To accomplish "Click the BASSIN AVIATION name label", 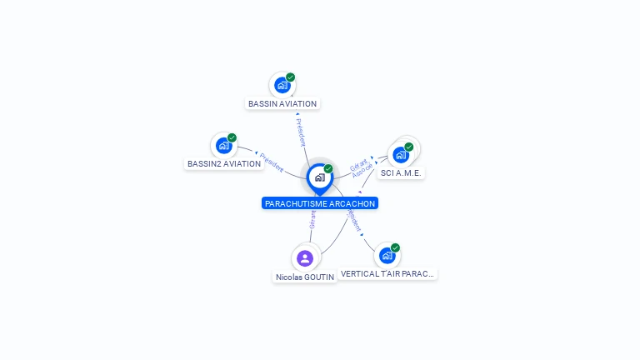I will [282, 104].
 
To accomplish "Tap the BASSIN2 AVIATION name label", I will [224, 164].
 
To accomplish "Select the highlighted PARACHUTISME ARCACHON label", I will [320, 203].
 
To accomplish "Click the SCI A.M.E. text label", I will [401, 173].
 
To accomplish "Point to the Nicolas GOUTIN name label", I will [305, 277].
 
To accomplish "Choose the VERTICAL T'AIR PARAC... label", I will [387, 273].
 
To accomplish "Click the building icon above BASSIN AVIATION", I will [282, 85].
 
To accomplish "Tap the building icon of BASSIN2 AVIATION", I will [223, 145].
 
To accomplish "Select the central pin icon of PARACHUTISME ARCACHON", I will [319, 177].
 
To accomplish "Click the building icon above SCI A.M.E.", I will [401, 155].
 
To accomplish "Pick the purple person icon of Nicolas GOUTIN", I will [305, 258].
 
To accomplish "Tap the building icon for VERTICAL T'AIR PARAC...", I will [387, 255].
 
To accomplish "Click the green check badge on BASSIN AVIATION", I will [291, 77].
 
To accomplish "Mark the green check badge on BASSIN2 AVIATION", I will [232, 137].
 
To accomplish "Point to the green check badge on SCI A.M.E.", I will [409, 147].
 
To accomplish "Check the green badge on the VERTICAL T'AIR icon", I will [395, 247].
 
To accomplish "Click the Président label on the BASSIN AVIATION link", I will [301, 132].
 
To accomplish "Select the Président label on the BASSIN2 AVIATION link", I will [272, 162].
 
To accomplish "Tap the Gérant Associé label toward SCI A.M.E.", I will [361, 167].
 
